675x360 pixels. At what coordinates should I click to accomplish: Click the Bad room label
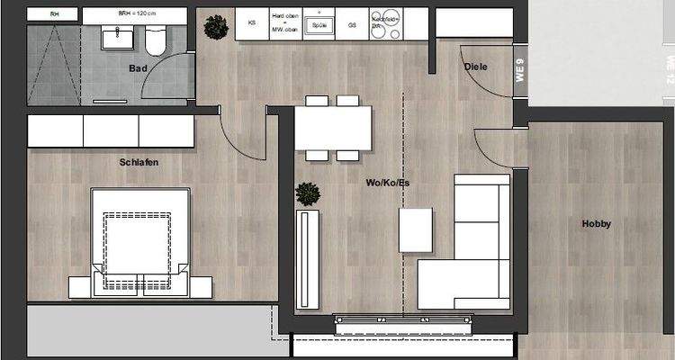tap(138, 67)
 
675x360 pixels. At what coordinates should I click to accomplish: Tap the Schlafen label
tap(139, 162)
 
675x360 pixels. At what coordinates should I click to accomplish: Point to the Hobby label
tap(596, 224)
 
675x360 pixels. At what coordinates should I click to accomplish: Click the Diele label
tap(476, 67)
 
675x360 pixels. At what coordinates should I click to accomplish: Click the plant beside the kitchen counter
tap(216, 27)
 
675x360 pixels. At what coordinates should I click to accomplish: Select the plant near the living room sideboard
tap(308, 193)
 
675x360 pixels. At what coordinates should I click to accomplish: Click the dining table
tap(334, 128)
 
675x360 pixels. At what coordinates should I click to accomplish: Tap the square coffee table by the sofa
tap(415, 229)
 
